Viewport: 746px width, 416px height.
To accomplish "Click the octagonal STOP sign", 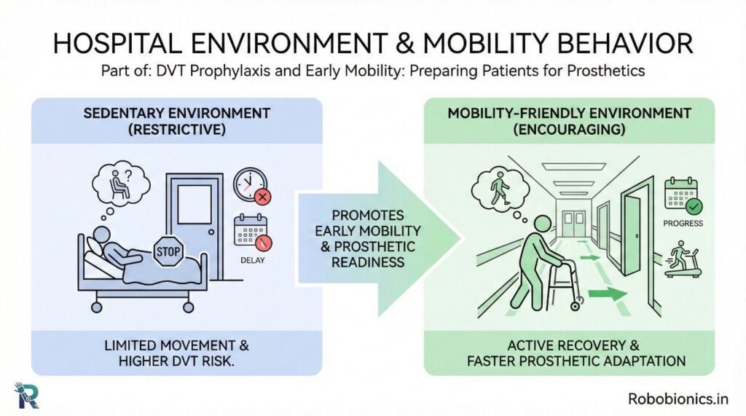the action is click(x=168, y=251).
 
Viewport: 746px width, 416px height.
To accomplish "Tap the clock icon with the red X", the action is click(x=251, y=185).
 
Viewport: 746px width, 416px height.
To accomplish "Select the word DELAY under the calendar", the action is click(x=252, y=260).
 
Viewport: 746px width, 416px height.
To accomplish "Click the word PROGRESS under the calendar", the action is click(x=683, y=223).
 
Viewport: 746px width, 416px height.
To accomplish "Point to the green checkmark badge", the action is click(x=694, y=207).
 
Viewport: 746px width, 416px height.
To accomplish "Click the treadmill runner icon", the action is click(x=683, y=259).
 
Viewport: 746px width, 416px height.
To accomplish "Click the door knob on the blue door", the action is click(x=211, y=232).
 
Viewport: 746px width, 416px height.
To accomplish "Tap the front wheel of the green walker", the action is click(x=576, y=307).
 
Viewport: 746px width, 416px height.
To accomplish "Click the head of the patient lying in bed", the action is click(x=101, y=235).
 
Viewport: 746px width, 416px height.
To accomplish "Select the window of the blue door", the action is click(x=195, y=204).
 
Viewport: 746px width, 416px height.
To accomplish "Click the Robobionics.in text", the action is click(x=678, y=399).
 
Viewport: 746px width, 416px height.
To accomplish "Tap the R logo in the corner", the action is click(x=27, y=395).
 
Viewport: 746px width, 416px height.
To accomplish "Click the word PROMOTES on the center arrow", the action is click(x=368, y=215).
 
